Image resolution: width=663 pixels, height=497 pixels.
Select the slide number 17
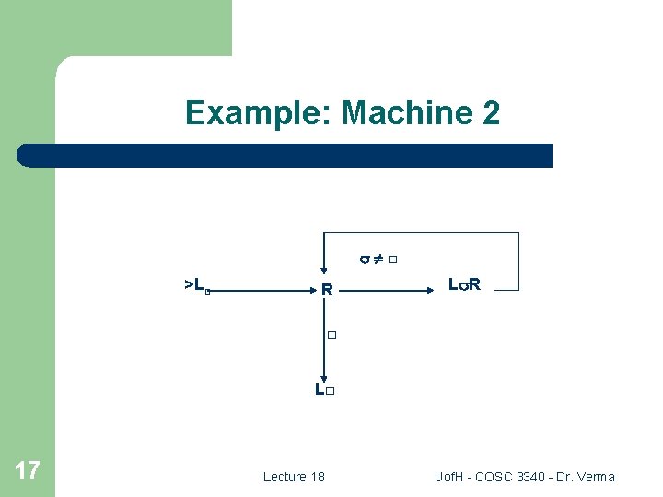pos(28,471)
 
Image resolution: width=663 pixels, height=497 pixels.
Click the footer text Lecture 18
pos(294,477)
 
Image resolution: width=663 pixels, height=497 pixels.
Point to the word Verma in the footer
pos(595,477)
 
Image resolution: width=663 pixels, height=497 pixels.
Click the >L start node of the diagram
pos(195,285)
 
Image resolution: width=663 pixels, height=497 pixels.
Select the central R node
pos(327,291)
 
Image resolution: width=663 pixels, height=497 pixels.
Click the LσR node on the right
pos(464,285)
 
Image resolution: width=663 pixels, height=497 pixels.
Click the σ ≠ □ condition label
pos(378,260)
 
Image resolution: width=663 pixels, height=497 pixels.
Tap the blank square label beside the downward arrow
pos(332,335)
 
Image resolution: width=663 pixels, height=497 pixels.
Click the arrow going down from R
pos(324,341)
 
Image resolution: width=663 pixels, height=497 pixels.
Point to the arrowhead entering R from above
pos(324,274)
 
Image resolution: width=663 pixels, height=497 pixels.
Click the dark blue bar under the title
pos(285,156)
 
